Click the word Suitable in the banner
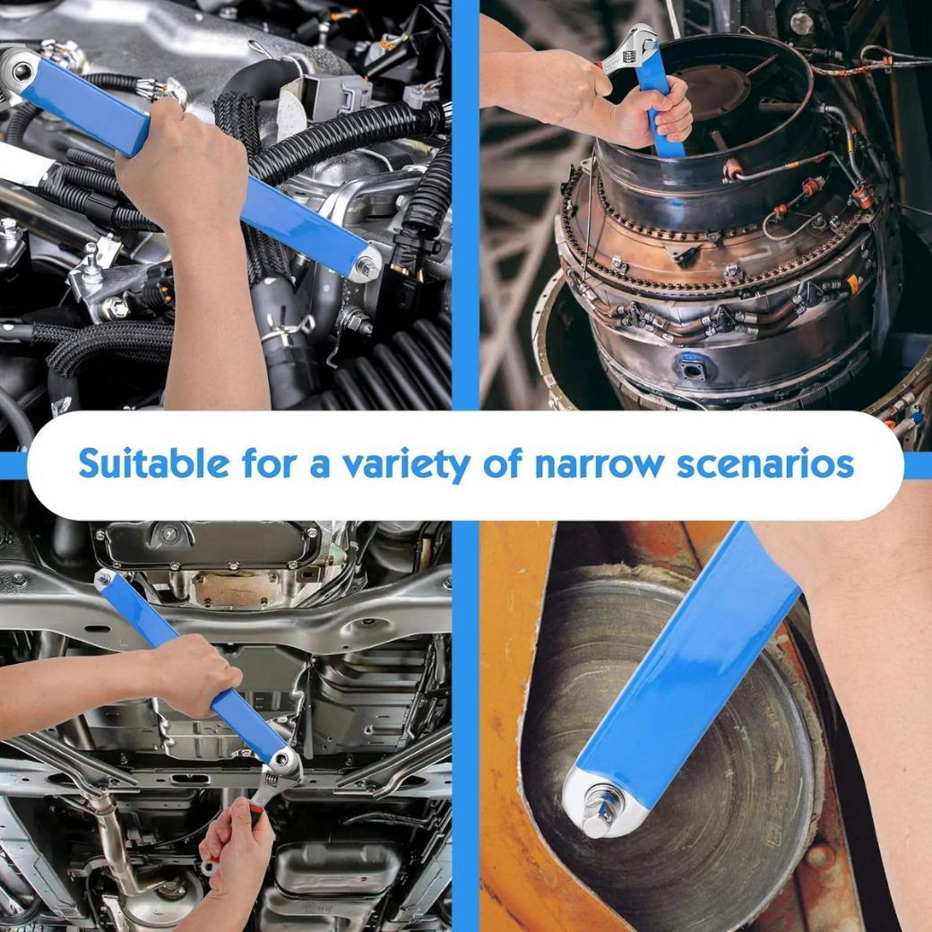pos(153,463)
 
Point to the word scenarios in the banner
pos(765,464)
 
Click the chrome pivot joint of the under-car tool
pos(284,762)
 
